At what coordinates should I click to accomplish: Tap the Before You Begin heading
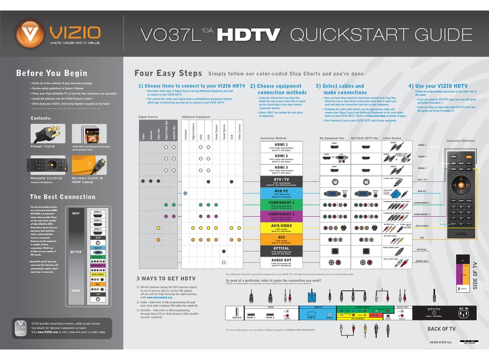(51, 73)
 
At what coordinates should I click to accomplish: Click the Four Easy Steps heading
(168, 73)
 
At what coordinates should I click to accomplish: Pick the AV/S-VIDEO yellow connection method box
(281, 226)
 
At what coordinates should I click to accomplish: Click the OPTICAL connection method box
(281, 250)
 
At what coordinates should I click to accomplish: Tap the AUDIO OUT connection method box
(281, 262)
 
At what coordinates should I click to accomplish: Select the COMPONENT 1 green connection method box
(281, 204)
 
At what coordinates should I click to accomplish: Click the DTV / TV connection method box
(281, 181)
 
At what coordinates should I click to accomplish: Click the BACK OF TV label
(441, 329)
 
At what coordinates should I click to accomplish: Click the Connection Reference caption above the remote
(460, 140)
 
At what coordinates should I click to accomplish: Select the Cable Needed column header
(392, 138)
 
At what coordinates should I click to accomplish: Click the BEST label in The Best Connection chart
(76, 213)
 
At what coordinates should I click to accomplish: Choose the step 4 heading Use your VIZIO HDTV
(438, 86)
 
